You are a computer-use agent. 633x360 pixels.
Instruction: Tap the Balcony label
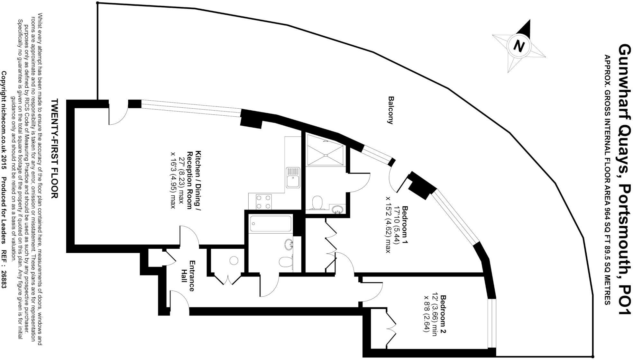tap(391, 110)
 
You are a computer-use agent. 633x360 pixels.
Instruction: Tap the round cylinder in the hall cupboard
tap(234, 260)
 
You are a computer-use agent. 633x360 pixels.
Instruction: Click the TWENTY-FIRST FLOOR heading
tap(55, 148)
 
